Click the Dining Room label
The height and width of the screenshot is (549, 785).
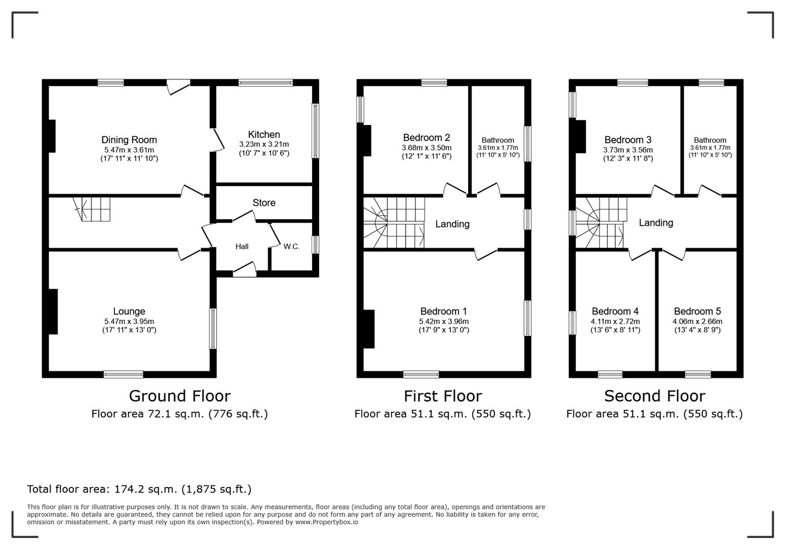(x=129, y=140)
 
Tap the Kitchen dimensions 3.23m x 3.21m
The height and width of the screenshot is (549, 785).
(x=264, y=144)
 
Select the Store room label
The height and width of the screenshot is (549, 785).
(x=264, y=203)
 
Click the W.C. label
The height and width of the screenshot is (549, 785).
(x=291, y=247)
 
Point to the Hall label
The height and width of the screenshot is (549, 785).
(x=242, y=247)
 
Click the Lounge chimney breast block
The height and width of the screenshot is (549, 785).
(x=52, y=311)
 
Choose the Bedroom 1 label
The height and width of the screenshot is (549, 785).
(x=443, y=311)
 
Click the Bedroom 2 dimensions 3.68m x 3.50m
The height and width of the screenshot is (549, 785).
(x=426, y=148)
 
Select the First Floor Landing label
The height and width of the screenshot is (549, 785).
(x=452, y=224)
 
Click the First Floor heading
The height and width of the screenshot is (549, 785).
(x=443, y=395)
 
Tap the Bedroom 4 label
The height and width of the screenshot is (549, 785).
(x=615, y=311)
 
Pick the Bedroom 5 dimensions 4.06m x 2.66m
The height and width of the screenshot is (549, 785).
(x=697, y=321)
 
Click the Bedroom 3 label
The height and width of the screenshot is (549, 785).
(x=628, y=140)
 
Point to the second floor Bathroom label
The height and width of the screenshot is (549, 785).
(x=710, y=140)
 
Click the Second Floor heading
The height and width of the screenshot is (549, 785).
(x=654, y=395)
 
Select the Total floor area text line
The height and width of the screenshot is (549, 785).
(x=139, y=489)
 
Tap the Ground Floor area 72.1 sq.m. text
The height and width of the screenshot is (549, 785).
(x=179, y=414)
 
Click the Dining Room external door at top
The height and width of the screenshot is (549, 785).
(x=178, y=86)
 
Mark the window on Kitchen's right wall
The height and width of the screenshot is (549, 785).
(x=315, y=131)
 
